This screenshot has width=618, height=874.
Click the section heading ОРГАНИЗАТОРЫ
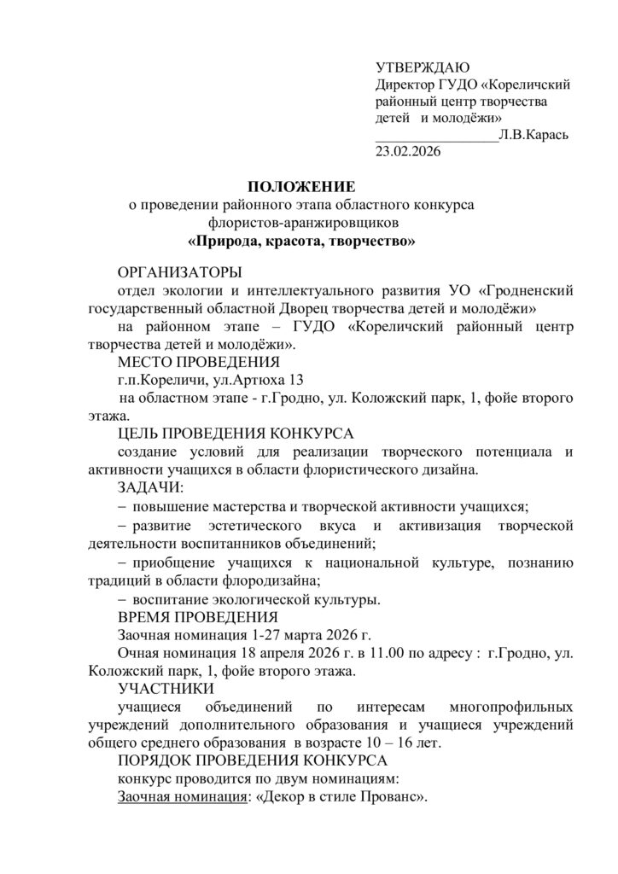(x=179, y=272)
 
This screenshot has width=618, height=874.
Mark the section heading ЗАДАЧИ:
(x=151, y=487)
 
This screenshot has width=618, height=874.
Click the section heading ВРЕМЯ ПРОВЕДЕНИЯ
(x=197, y=617)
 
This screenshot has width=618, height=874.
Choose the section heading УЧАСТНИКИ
(x=166, y=689)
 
